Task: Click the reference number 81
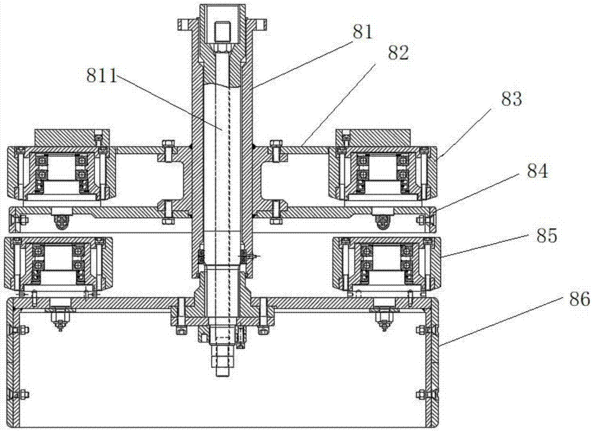pos(363,32)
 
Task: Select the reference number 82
pos(398,53)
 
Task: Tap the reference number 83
pos(511,98)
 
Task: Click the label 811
pos(102,76)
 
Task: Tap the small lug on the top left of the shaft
pos(184,25)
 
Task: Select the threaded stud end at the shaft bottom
pos(224,360)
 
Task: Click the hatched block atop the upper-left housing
pos(72,138)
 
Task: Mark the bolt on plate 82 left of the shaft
pos(168,151)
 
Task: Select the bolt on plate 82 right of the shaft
pos(276,151)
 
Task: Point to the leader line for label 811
pos(169,102)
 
